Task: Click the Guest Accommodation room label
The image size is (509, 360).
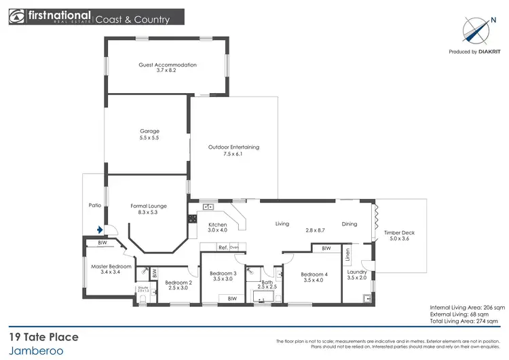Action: pos(167,67)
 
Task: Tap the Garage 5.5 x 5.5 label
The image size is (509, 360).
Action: pos(149,134)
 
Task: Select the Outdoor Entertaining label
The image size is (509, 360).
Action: pos(233,150)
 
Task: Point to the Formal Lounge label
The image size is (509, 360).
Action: pos(149,209)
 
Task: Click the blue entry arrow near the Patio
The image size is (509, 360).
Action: pos(99,230)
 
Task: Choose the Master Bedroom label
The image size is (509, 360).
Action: pos(111,270)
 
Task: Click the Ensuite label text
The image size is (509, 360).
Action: pos(143,289)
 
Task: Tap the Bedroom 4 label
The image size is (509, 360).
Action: pos(314,277)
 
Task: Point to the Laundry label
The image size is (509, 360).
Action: pos(356,274)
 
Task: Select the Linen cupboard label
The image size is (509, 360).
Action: pos(347,255)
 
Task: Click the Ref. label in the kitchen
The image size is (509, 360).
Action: pos(222,247)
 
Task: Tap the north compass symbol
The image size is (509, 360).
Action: pos(474,29)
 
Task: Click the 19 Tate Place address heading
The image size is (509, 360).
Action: pos(43,337)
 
